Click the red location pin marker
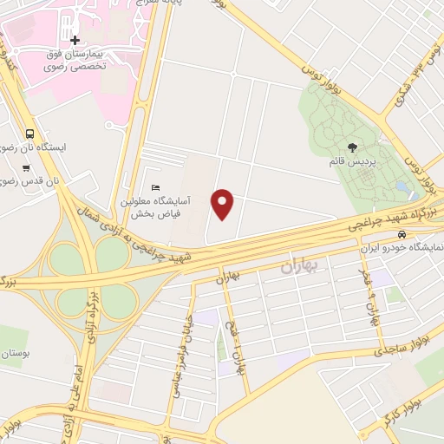[x=224, y=204]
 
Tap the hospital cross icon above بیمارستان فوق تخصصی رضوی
[x=75, y=40]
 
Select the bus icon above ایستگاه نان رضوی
[x=31, y=134]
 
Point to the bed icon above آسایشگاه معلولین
[x=156, y=187]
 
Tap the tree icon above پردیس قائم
[x=350, y=148]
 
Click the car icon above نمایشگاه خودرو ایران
[x=401, y=235]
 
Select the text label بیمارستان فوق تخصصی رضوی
[x=75, y=60]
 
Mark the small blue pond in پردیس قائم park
[x=401, y=186]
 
